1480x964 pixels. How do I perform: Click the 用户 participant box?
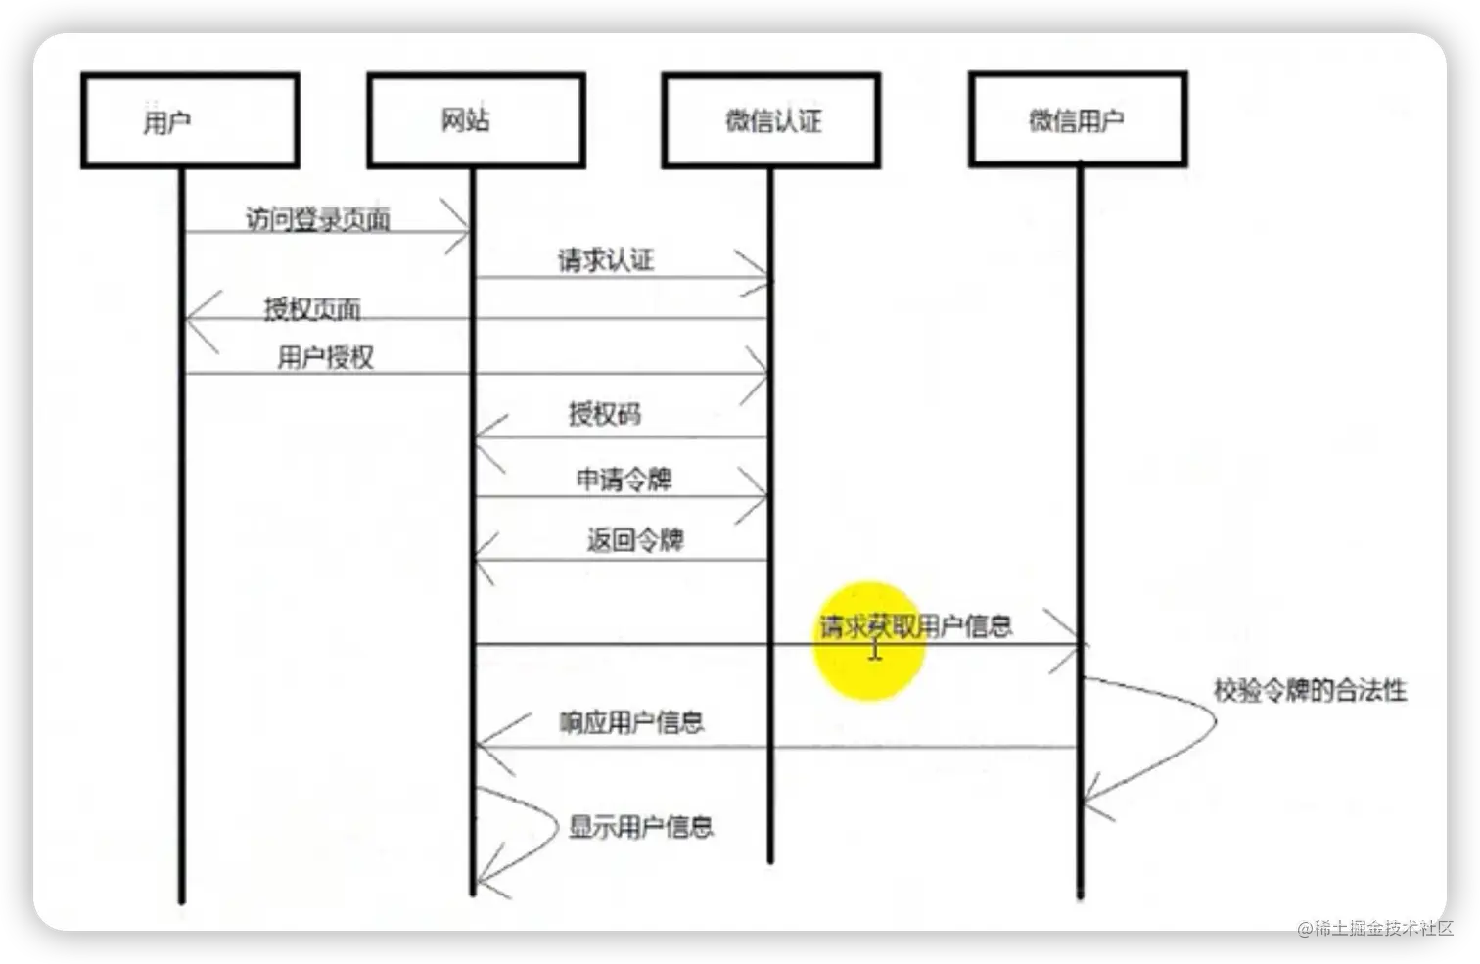tap(190, 120)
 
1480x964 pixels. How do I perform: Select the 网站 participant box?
tap(476, 120)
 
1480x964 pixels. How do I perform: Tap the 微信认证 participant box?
tap(771, 120)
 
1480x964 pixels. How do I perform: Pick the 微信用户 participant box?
tap(1078, 120)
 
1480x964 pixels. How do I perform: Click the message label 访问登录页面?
tap(318, 218)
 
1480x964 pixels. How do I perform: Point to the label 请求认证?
tap(605, 260)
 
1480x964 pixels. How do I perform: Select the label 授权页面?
tap(312, 309)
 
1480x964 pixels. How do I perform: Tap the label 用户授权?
tap(325, 357)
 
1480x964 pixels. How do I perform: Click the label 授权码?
tap(605, 414)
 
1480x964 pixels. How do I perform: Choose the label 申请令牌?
tap(624, 479)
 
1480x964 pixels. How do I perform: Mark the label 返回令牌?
tap(635, 540)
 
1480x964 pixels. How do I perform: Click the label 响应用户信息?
tap(631, 722)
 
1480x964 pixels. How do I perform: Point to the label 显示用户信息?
tap(641, 827)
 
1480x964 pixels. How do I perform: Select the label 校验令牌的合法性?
tap(1310, 690)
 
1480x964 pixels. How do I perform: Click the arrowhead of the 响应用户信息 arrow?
tap(484, 747)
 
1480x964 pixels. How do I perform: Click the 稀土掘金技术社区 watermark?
tap(1374, 927)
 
